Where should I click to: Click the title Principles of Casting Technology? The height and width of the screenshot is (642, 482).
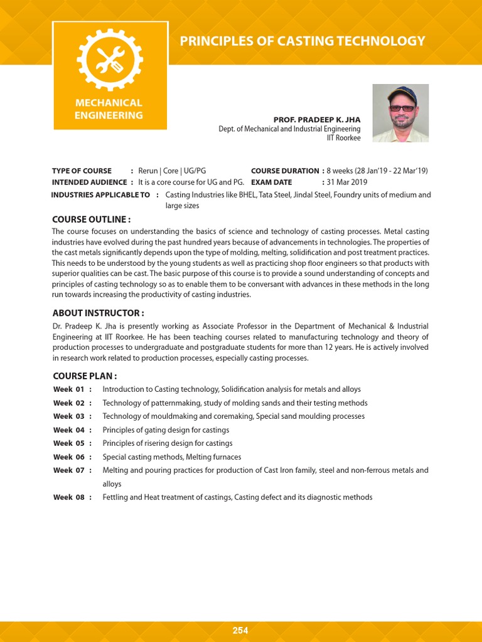(302, 41)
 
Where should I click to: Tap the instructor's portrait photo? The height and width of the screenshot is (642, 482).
(400, 113)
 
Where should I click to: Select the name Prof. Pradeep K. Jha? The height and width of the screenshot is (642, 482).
(317, 120)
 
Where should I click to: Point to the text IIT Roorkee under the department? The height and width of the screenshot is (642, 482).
(343, 138)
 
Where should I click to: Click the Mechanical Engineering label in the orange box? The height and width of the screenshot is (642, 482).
(109, 109)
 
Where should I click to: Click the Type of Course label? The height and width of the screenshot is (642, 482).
(82, 171)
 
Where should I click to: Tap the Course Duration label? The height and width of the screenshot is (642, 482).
(285, 171)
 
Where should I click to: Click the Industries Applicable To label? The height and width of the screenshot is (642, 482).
(100, 195)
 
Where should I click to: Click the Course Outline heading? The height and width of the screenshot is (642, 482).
(91, 219)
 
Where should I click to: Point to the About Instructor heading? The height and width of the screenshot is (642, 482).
(99, 313)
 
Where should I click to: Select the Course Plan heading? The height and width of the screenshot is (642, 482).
(85, 376)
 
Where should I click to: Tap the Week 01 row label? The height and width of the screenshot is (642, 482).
(69, 389)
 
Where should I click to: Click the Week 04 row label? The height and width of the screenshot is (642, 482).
(69, 430)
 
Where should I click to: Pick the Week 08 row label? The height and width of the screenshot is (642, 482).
(69, 497)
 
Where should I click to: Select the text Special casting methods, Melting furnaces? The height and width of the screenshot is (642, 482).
(171, 457)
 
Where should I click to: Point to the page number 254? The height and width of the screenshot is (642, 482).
(240, 631)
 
